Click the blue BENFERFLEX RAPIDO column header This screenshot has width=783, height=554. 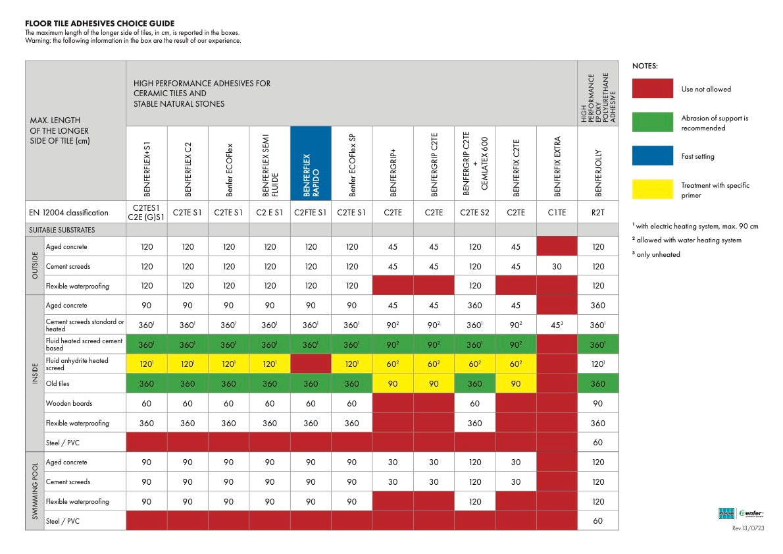pyautogui.click(x=311, y=163)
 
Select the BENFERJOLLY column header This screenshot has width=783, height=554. pyautogui.click(x=598, y=163)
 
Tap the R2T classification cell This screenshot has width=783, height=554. pyautogui.click(x=598, y=213)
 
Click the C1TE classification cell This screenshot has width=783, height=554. pyautogui.click(x=557, y=213)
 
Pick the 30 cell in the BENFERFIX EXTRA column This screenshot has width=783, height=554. pyautogui.click(x=557, y=267)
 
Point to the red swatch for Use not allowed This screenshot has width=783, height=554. pyautogui.click(x=652, y=88)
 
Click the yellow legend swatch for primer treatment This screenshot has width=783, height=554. pyautogui.click(x=652, y=189)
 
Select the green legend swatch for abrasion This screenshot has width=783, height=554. pyautogui.click(x=652, y=122)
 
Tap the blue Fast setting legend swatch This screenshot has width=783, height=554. pyautogui.click(x=652, y=155)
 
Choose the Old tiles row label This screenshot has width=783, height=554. pyautogui.click(x=57, y=383)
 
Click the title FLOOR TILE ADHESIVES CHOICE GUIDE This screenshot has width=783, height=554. pyautogui.click(x=100, y=24)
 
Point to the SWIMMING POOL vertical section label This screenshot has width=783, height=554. pyautogui.click(x=35, y=491)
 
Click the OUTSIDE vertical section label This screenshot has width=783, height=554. pyautogui.click(x=35, y=265)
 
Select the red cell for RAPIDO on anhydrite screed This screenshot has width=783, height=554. pyautogui.click(x=311, y=364)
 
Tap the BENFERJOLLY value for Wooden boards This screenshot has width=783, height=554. pyautogui.click(x=598, y=404)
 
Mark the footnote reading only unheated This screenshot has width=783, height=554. pyautogui.click(x=656, y=254)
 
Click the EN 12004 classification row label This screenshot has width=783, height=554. pyautogui.click(x=68, y=213)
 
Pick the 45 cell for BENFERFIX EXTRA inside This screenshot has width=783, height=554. pyautogui.click(x=557, y=325)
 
